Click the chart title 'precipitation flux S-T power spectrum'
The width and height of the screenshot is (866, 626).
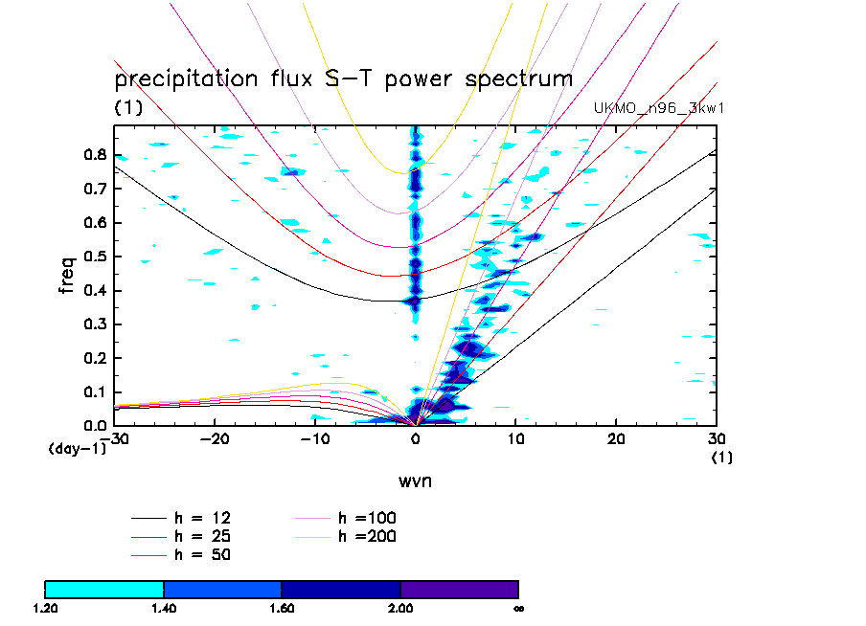coord(343,79)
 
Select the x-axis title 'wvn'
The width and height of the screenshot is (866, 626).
coord(415,481)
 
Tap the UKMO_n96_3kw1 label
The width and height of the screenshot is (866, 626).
coord(659,108)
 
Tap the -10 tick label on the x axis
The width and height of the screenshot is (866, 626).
coord(313,437)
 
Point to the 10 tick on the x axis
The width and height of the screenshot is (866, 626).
coord(516,437)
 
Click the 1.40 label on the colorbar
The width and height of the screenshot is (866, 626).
coord(164,608)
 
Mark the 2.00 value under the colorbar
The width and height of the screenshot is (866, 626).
coord(400,608)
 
